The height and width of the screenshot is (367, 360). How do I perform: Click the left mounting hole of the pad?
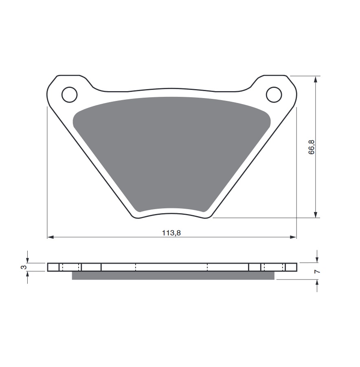point(69,95)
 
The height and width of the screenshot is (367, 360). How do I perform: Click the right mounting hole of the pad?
point(274,95)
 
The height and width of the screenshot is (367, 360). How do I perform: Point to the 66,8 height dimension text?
point(312,147)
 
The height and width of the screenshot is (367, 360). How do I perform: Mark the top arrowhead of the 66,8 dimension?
point(315,79)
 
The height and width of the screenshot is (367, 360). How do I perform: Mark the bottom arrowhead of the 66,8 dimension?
point(315,214)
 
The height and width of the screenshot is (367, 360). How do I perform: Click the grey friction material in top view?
point(171,146)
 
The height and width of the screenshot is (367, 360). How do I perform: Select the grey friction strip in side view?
point(173,275)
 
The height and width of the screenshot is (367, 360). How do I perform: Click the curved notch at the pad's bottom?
point(171,210)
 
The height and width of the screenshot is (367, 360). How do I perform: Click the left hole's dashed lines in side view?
point(70,267)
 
